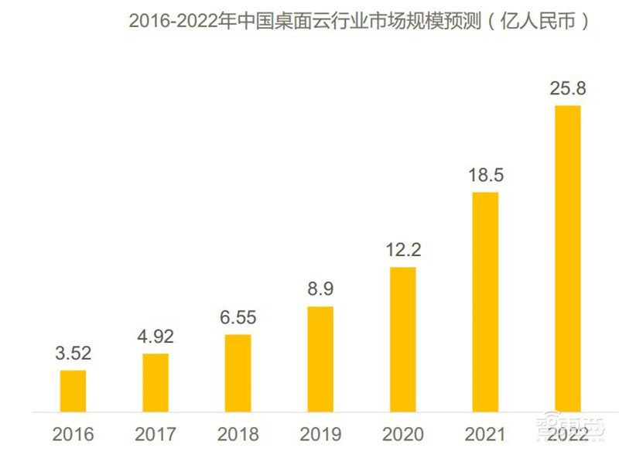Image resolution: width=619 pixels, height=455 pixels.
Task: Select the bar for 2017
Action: coord(156,381)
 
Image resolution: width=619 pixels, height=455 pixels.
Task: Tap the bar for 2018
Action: coord(238,372)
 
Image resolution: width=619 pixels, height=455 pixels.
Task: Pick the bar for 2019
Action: coord(320,358)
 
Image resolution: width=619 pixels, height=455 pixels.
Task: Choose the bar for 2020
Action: coord(402,338)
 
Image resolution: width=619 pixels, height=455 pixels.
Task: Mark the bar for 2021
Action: coord(485,301)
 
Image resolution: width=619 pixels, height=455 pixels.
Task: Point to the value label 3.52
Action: coord(73,354)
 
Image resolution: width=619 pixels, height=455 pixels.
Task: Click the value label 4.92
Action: coord(156,337)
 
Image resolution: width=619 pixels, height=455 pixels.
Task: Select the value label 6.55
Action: coord(238,318)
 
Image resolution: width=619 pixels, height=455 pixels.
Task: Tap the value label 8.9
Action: coord(320,289)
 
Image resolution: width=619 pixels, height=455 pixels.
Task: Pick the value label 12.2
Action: coord(402,251)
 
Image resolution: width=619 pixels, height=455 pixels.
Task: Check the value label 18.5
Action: coord(485,176)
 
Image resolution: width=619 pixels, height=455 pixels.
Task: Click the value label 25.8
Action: coord(567,88)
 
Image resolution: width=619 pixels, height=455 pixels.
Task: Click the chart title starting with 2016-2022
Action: coord(359,22)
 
